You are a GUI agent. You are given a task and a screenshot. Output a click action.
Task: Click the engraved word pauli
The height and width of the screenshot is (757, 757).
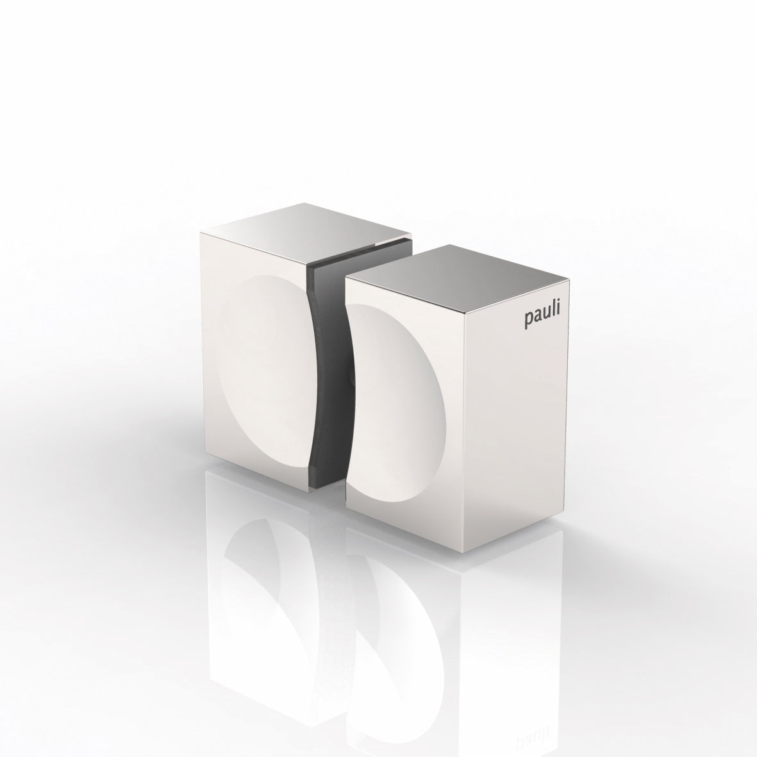[x=542, y=320]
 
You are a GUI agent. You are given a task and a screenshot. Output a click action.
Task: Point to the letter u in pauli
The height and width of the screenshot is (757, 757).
[x=546, y=320]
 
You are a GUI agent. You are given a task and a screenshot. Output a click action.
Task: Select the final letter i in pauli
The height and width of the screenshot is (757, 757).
[x=558, y=316]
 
